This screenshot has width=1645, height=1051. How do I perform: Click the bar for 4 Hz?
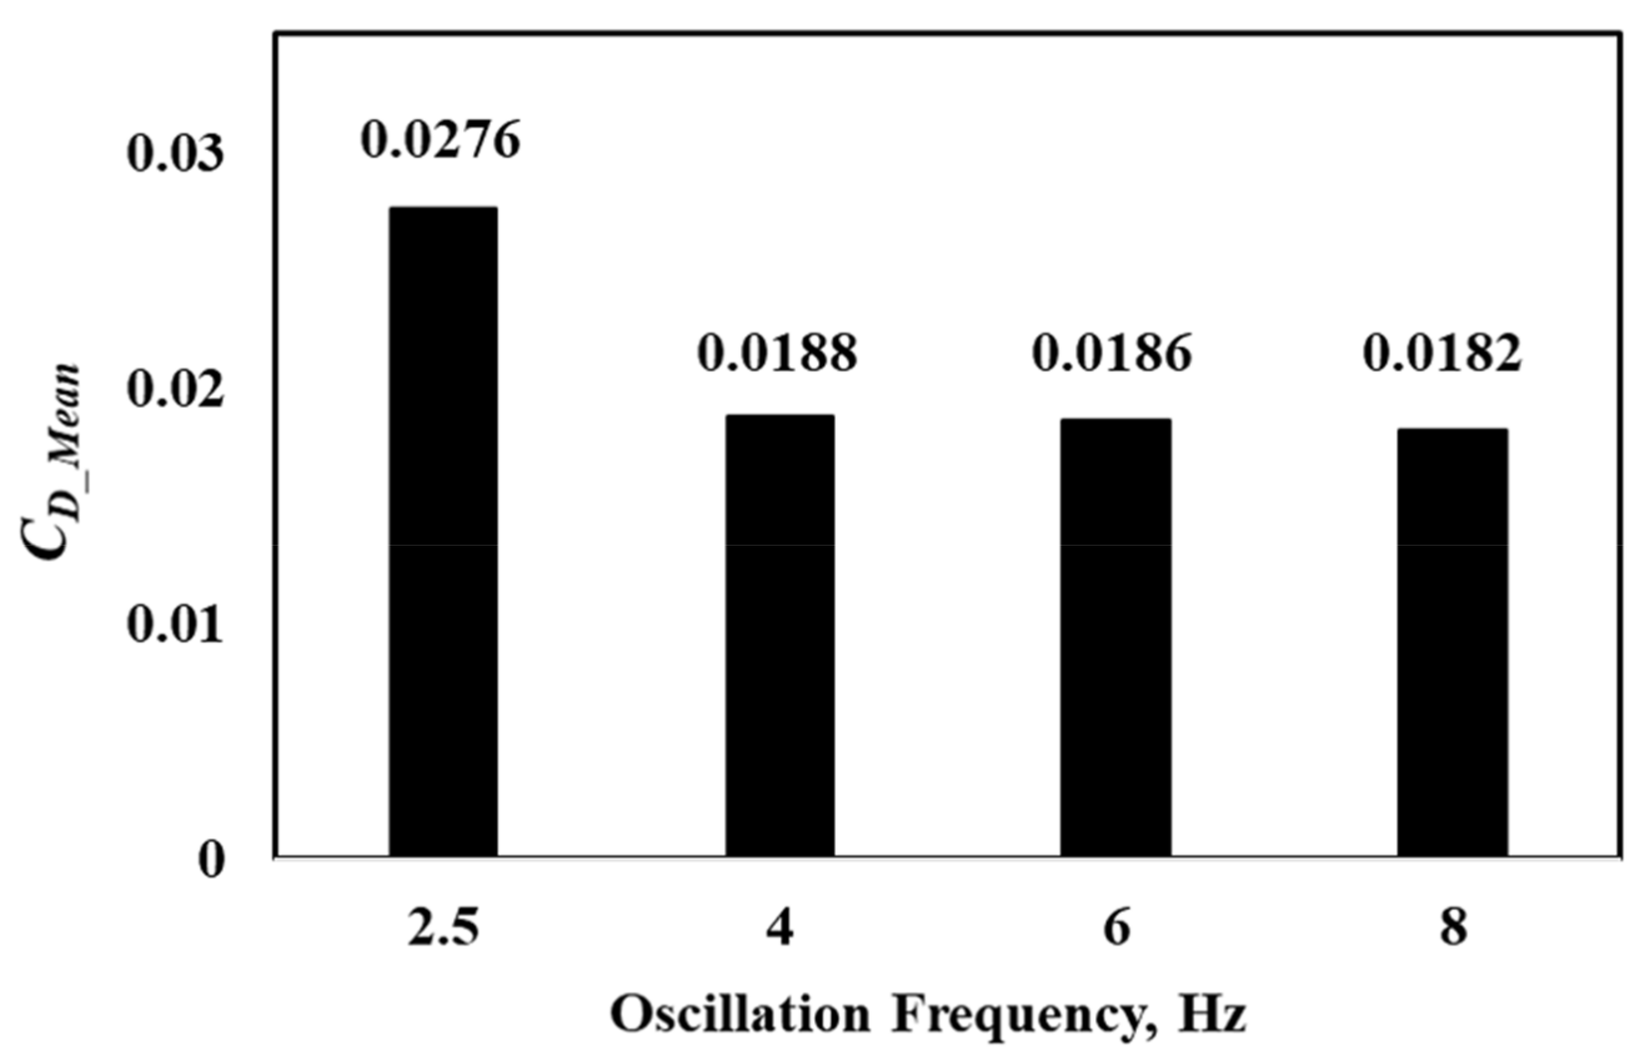pyautogui.click(x=780, y=635)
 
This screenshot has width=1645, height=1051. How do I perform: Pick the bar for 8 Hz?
pyautogui.click(x=1452, y=642)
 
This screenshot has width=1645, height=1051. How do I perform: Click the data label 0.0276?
pyautogui.click(x=441, y=140)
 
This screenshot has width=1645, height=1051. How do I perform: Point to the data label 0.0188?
pyautogui.click(x=777, y=353)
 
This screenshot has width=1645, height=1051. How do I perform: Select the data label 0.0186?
pyautogui.click(x=1112, y=353)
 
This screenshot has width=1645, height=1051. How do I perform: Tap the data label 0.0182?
pyautogui.click(x=1443, y=353)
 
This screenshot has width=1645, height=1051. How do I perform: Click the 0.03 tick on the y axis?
pyautogui.click(x=176, y=153)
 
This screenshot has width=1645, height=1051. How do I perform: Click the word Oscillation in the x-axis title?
pyautogui.click(x=740, y=1015)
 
